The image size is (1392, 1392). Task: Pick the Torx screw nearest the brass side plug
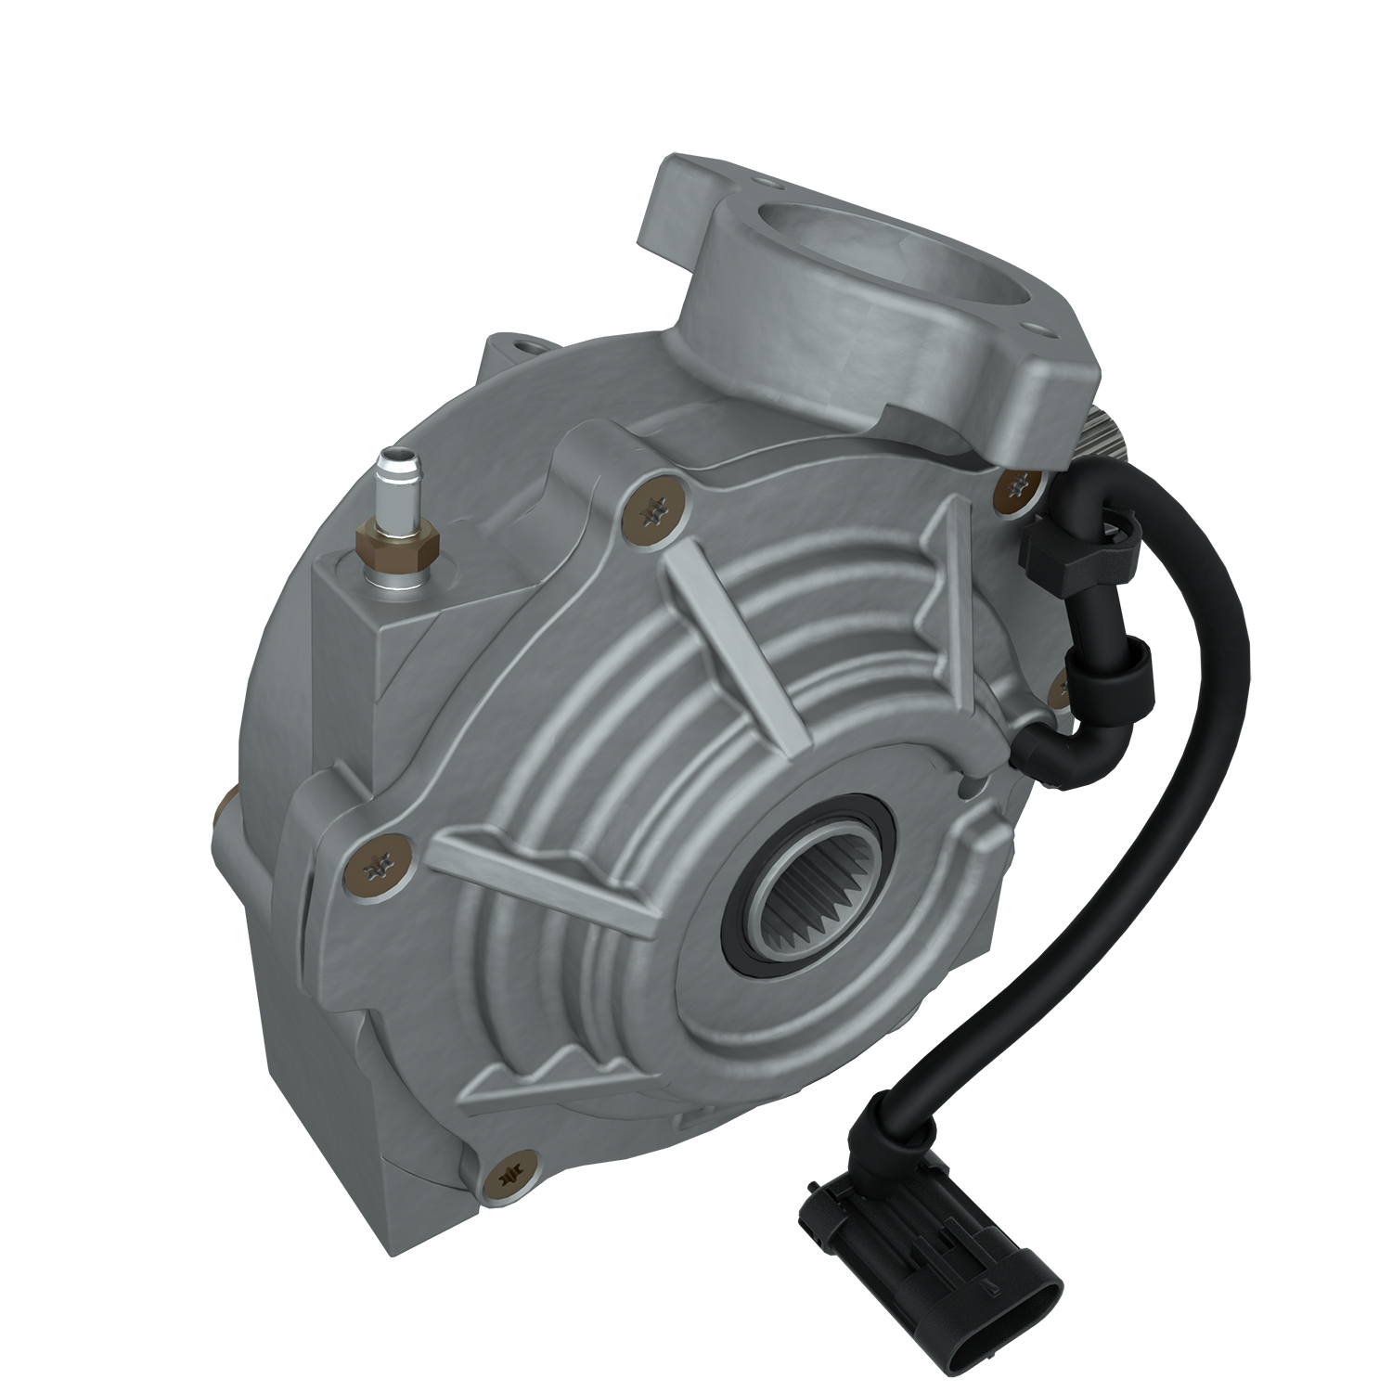(x=383, y=864)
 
